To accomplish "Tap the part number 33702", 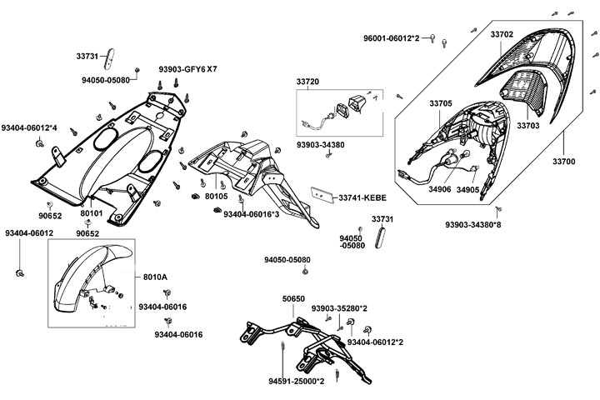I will click(x=502, y=35).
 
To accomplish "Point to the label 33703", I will click(x=528, y=126).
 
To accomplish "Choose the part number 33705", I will click(x=441, y=103).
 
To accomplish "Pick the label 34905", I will click(x=491, y=189).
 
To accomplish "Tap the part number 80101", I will click(x=92, y=213).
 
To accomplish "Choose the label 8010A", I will click(x=155, y=277).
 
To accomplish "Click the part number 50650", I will click(x=293, y=297).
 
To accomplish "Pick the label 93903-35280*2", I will click(x=340, y=308).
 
